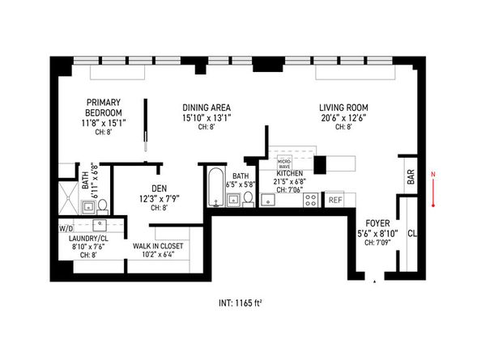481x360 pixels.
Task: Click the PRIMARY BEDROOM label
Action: point(104,108)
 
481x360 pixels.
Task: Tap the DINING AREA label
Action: point(206,108)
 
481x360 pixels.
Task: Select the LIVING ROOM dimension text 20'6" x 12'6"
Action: point(343,118)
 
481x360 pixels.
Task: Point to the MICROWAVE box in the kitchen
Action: point(285,163)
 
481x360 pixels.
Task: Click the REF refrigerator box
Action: point(335,200)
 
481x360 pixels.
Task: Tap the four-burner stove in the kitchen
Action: point(311,200)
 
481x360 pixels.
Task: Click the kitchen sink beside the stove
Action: point(268,200)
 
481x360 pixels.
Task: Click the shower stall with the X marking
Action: point(68,198)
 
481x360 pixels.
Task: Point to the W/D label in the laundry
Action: point(66,229)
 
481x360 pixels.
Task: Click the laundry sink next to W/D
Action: point(100,225)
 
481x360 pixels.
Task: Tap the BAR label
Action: point(411,177)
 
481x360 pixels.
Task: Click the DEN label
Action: point(160,188)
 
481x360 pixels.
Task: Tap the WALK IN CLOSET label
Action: point(158,246)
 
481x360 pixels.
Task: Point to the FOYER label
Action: point(377,223)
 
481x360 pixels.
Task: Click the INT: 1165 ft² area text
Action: point(240,303)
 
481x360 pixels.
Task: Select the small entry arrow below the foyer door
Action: point(374,282)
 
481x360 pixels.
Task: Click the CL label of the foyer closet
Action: point(412,234)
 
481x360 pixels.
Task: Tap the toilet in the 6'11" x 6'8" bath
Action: point(102,206)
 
